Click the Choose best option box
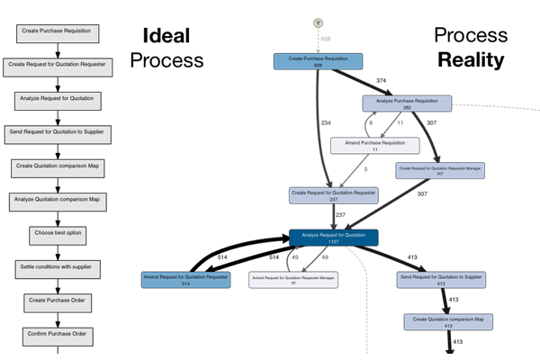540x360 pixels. [x=57, y=233]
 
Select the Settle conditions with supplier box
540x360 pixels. [x=57, y=267]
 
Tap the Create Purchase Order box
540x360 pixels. [x=57, y=301]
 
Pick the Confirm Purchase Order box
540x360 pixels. [x=57, y=335]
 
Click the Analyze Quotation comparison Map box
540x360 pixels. [x=57, y=200]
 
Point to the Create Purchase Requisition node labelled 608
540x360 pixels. [x=318, y=61]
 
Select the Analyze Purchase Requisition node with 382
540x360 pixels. [x=407, y=104]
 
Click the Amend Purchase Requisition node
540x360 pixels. [x=374, y=145]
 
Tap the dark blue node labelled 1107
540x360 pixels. [x=332, y=238]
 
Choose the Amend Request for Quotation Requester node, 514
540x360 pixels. [x=185, y=280]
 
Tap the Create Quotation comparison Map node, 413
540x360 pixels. [x=447, y=322]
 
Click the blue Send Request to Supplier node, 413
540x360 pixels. [x=441, y=280]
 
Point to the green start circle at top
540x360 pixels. [x=318, y=22]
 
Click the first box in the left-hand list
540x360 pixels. [x=57, y=31]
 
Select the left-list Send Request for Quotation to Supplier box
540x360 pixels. [x=57, y=132]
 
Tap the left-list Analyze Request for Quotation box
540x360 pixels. [x=57, y=98]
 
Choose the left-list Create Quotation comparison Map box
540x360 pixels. [x=57, y=166]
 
